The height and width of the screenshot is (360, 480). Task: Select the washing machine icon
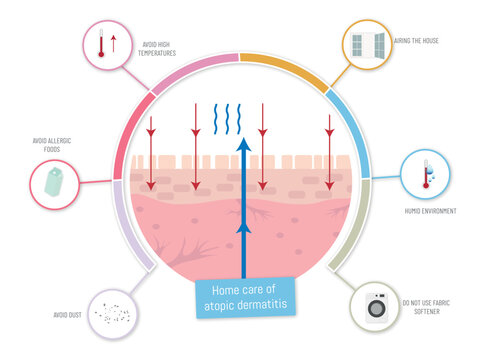coord(377,309)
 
